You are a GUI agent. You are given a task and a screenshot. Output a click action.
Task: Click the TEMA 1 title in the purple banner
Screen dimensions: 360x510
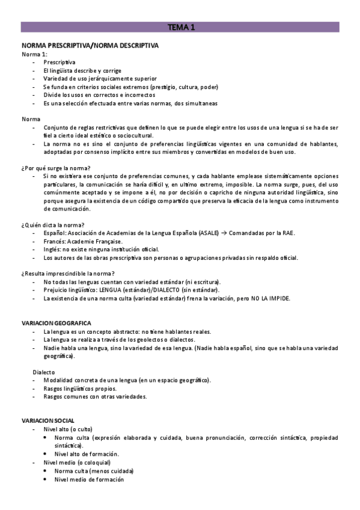pyautogui.click(x=180, y=27)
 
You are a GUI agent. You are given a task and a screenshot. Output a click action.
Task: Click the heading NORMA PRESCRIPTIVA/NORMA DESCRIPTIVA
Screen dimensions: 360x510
pyautogui.click(x=90, y=45)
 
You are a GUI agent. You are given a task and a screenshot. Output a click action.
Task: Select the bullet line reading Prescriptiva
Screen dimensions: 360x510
pyautogui.click(x=59, y=62)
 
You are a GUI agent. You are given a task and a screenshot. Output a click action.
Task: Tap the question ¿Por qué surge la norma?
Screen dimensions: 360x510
pyautogui.click(x=56, y=167)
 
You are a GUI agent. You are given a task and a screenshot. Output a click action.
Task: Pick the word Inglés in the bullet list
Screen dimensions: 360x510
pyautogui.click(x=52, y=250)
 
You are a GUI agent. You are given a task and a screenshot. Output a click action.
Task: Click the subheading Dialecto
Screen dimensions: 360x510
pyautogui.click(x=44, y=372)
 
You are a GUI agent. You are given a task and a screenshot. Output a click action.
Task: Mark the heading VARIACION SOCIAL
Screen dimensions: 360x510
pyautogui.click(x=48, y=420)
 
